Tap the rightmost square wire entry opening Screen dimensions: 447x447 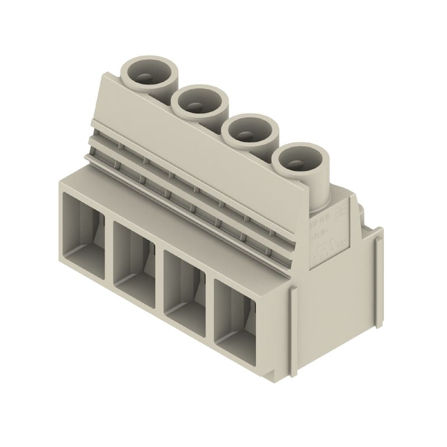click(235, 318)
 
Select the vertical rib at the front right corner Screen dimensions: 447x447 click(294, 313)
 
